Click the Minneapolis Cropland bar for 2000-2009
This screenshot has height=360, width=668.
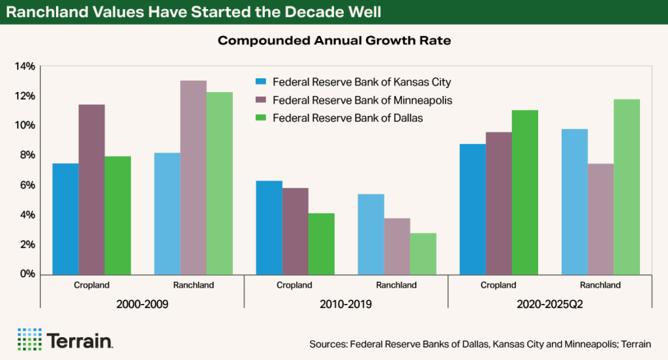pyautogui.click(x=91, y=189)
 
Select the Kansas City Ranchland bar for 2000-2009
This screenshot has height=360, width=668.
pyautogui.click(x=167, y=213)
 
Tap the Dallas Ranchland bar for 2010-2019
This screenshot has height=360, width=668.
pyautogui.click(x=423, y=253)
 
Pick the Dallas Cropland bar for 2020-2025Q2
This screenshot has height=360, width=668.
pyautogui.click(x=524, y=192)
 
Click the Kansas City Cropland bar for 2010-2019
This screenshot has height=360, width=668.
pyautogui.click(x=269, y=227)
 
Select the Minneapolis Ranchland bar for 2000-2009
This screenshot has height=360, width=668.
pyautogui.click(x=193, y=177)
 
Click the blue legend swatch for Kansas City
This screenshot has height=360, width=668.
pyautogui.click(x=260, y=82)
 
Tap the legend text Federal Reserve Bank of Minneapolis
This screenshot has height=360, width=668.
pyautogui.click(x=362, y=100)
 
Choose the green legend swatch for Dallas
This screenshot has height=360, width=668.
pyautogui.click(x=260, y=119)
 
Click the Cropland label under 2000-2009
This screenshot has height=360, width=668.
pyautogui.click(x=91, y=285)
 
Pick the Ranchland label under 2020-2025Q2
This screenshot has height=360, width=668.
pyautogui.click(x=600, y=285)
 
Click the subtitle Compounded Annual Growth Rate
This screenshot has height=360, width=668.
pyautogui.click(x=334, y=40)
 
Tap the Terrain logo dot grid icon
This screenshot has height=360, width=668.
pyautogui.click(x=29, y=340)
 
